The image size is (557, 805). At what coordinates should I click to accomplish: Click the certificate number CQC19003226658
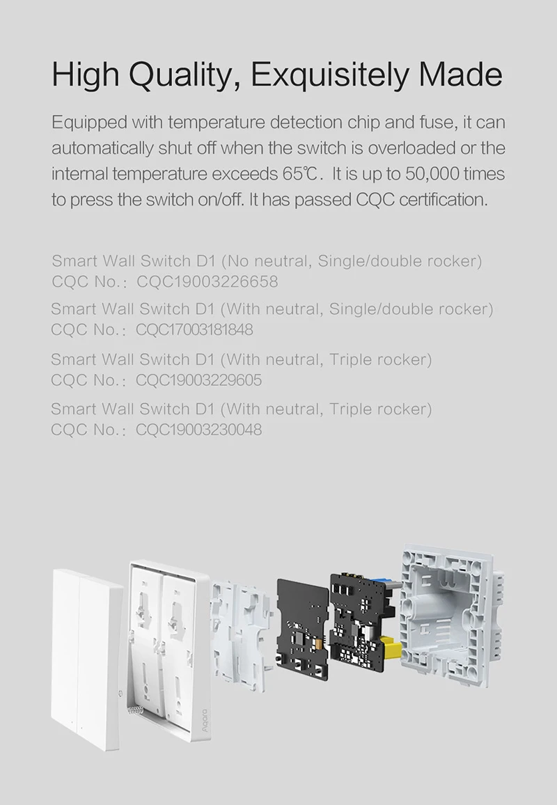tap(207, 281)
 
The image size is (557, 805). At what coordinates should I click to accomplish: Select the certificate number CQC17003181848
tap(195, 329)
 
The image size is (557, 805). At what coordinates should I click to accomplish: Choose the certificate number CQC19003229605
tap(199, 380)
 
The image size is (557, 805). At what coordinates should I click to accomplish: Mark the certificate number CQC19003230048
tap(199, 429)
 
